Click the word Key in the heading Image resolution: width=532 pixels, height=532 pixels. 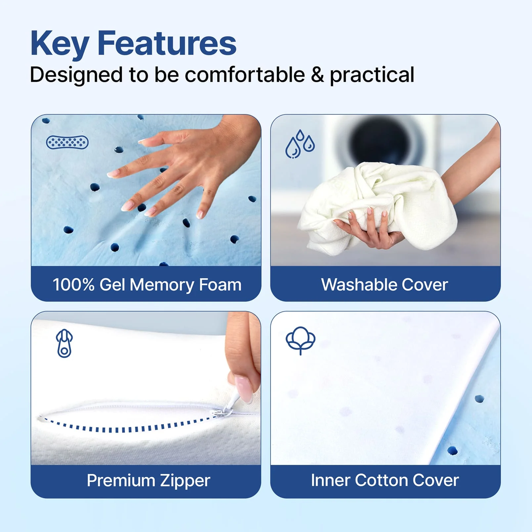(x=60, y=44)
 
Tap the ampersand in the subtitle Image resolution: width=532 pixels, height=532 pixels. (x=317, y=75)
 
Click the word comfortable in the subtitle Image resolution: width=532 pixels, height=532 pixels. (x=245, y=74)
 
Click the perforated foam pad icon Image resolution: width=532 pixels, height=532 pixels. (x=67, y=142)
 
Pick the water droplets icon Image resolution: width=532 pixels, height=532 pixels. (x=300, y=144)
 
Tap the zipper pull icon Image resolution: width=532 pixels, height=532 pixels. (x=64, y=343)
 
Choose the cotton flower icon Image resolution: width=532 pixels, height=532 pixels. (x=300, y=340)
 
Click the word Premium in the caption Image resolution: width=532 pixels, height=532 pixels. (x=120, y=480)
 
